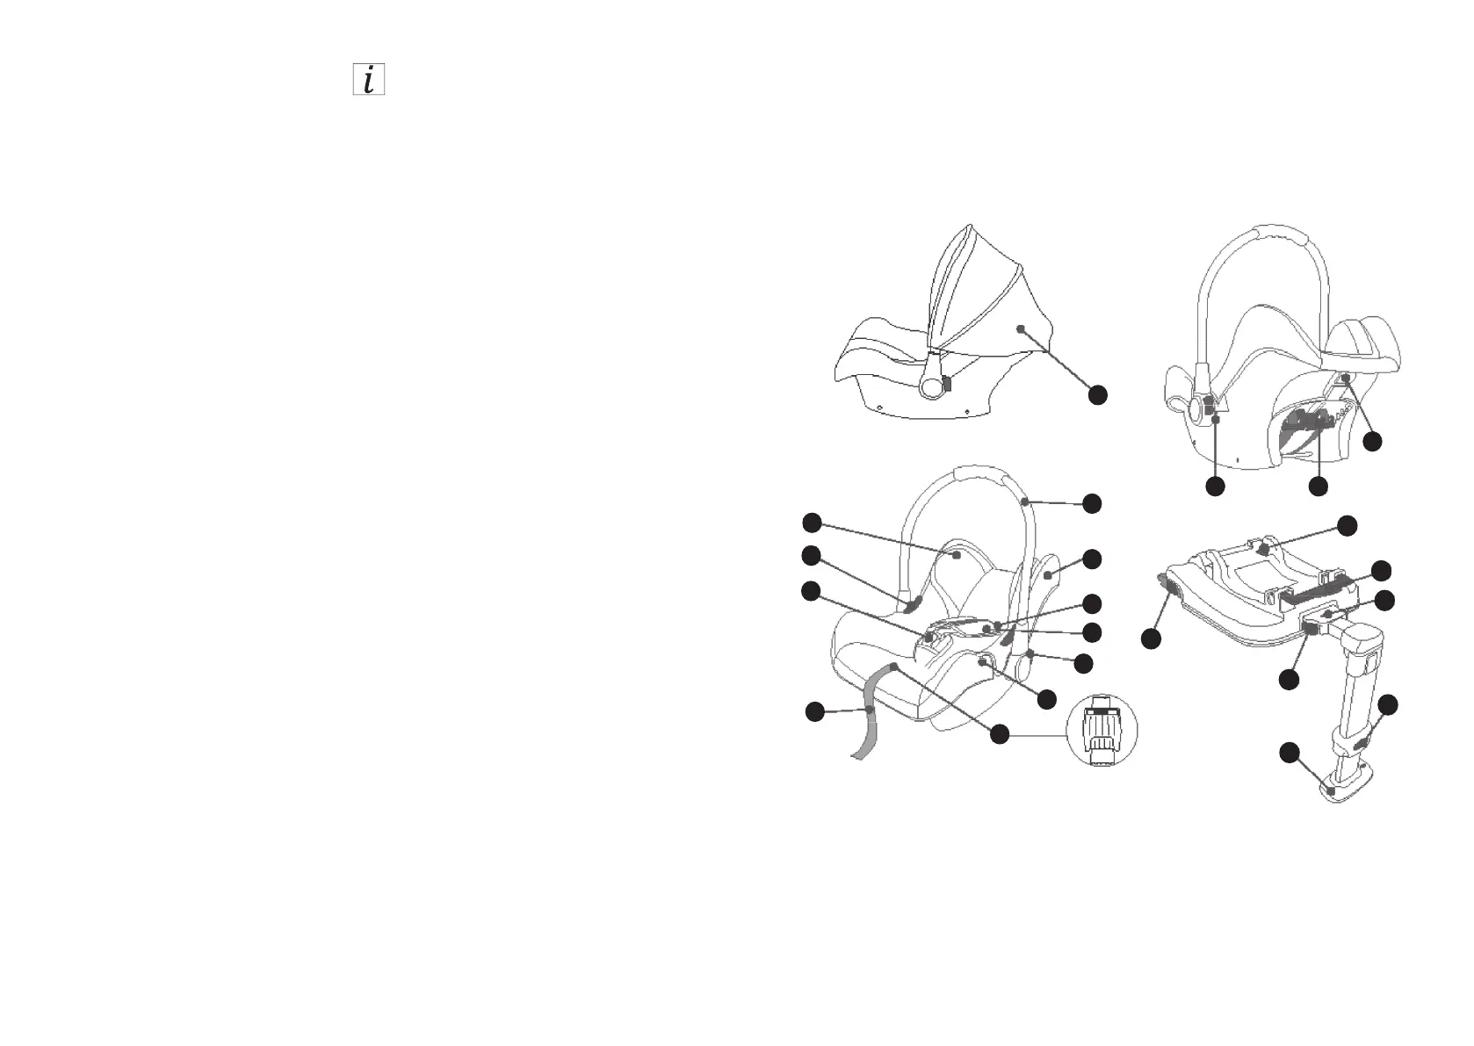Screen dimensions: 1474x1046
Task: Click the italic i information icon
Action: point(369,80)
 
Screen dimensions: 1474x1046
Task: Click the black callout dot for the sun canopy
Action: point(1097,394)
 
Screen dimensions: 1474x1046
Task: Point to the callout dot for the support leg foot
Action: point(1289,752)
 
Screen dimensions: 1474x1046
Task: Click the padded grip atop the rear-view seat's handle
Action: point(1280,232)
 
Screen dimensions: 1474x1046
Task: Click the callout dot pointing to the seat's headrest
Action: point(812,523)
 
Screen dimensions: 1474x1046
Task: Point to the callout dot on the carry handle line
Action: point(1092,503)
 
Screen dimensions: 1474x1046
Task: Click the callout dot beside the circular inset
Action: point(999,734)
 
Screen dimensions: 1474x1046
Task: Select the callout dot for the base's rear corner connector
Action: point(1152,639)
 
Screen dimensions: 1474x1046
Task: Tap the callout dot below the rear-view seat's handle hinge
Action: point(1215,486)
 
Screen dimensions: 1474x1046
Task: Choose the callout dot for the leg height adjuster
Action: point(1388,704)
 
